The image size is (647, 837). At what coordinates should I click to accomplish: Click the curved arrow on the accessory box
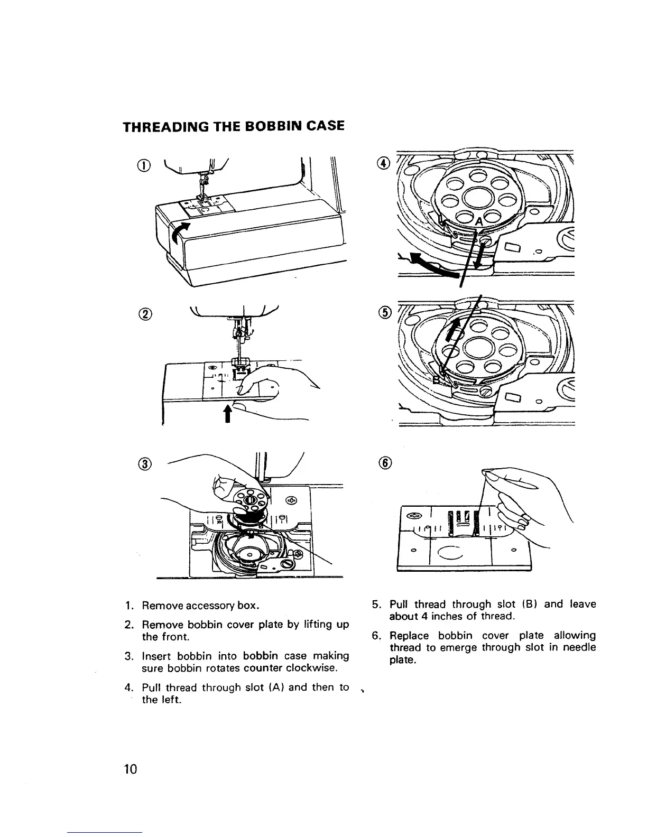click(180, 232)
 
